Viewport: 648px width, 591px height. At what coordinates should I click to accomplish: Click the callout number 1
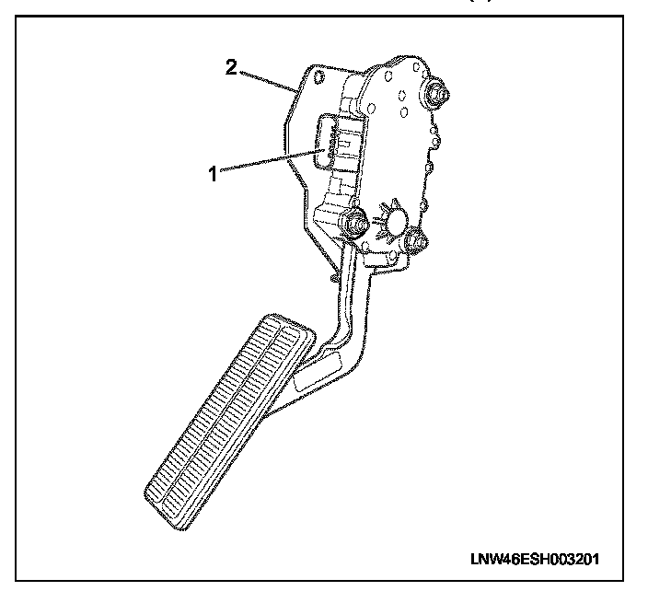(x=213, y=173)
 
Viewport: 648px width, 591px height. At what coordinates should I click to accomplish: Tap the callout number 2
(x=234, y=65)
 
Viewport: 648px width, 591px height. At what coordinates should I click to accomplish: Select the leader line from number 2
(x=269, y=80)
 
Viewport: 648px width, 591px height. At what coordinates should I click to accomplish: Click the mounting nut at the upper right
(x=436, y=92)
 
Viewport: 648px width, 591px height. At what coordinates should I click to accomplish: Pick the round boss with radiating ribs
(x=397, y=221)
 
